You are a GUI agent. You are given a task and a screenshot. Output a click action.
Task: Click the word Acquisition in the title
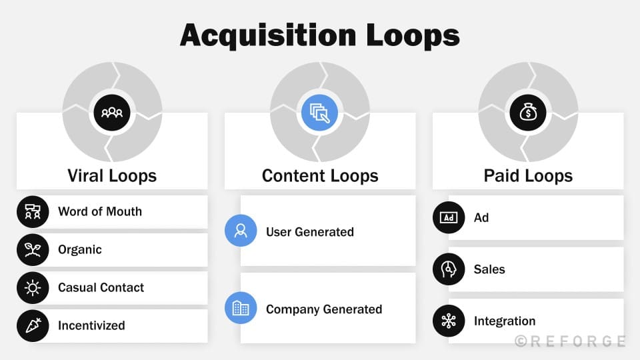point(259,35)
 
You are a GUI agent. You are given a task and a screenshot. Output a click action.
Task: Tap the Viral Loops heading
point(112,176)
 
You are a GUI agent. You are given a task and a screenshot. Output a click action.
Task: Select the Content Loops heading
point(320,176)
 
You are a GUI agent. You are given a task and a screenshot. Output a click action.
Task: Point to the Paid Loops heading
point(528,176)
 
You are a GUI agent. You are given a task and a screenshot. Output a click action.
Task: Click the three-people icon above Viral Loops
point(112,112)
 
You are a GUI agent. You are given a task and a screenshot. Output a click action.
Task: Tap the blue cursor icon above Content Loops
point(320,112)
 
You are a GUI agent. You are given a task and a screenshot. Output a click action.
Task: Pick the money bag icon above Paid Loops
point(528,112)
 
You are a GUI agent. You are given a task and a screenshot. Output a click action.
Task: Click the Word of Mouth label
point(100,211)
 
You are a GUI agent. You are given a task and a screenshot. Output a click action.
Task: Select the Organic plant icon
point(33,250)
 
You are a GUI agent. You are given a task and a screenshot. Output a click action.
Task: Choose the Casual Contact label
point(101,287)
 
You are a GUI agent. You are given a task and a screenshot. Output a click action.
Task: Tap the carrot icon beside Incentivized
point(33,326)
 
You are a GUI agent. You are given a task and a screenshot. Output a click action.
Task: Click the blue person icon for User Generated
point(241,231)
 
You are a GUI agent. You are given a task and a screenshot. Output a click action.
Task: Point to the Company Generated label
point(324,309)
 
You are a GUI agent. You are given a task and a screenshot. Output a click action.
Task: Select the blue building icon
point(241,308)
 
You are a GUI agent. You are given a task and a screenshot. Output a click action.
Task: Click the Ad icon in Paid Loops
point(449,217)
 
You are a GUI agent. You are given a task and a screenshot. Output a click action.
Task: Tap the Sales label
point(489,269)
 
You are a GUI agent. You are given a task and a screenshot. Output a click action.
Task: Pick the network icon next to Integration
point(449,321)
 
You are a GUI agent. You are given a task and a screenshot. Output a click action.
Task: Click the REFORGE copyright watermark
point(570,341)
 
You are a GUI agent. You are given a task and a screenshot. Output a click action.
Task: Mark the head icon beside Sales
point(449,269)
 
